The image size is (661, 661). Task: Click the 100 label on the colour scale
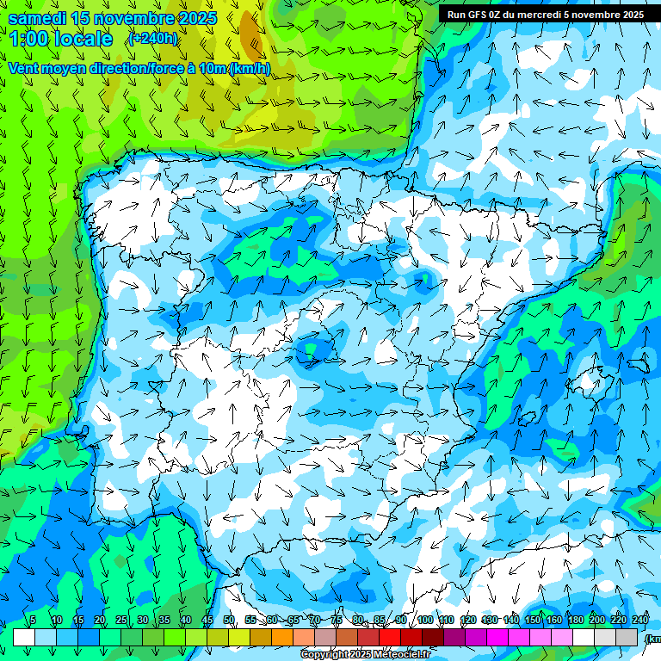(x=424, y=621)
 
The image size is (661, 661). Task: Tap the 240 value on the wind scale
(x=639, y=621)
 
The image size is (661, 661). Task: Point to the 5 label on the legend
(x=33, y=621)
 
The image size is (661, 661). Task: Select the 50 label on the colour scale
(x=229, y=621)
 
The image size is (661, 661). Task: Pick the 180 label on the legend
(x=575, y=621)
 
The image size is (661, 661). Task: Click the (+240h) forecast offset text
(x=153, y=38)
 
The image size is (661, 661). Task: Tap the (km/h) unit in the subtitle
(x=250, y=69)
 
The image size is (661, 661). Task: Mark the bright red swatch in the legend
(x=390, y=637)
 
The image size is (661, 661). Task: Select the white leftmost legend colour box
(x=24, y=637)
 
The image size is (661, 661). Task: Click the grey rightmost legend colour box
(x=627, y=637)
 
